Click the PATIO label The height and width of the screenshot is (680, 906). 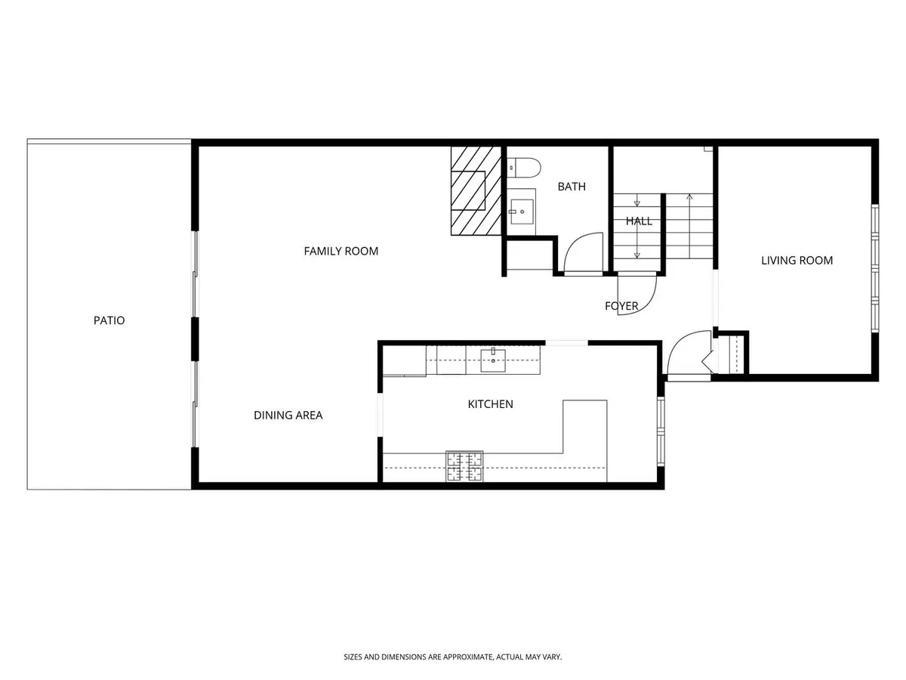(109, 320)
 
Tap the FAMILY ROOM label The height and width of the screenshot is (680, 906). (341, 251)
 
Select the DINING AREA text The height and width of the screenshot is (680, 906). (288, 415)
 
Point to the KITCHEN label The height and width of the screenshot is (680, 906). (490, 403)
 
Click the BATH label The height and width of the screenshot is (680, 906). (572, 187)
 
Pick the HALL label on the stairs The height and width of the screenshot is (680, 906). (639, 221)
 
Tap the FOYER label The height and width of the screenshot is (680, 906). (621, 306)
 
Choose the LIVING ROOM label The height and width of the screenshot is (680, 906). (797, 261)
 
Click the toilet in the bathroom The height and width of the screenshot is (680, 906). (524, 168)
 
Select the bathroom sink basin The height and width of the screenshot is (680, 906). (522, 212)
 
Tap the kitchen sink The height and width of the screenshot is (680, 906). (493, 360)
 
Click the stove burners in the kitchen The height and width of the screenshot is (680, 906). (465, 466)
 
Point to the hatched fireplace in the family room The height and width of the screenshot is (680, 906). (476, 190)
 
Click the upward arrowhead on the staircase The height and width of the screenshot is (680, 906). (689, 196)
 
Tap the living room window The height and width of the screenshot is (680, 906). (874, 268)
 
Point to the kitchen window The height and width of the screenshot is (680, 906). (661, 431)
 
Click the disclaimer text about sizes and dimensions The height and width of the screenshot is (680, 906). (453, 657)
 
